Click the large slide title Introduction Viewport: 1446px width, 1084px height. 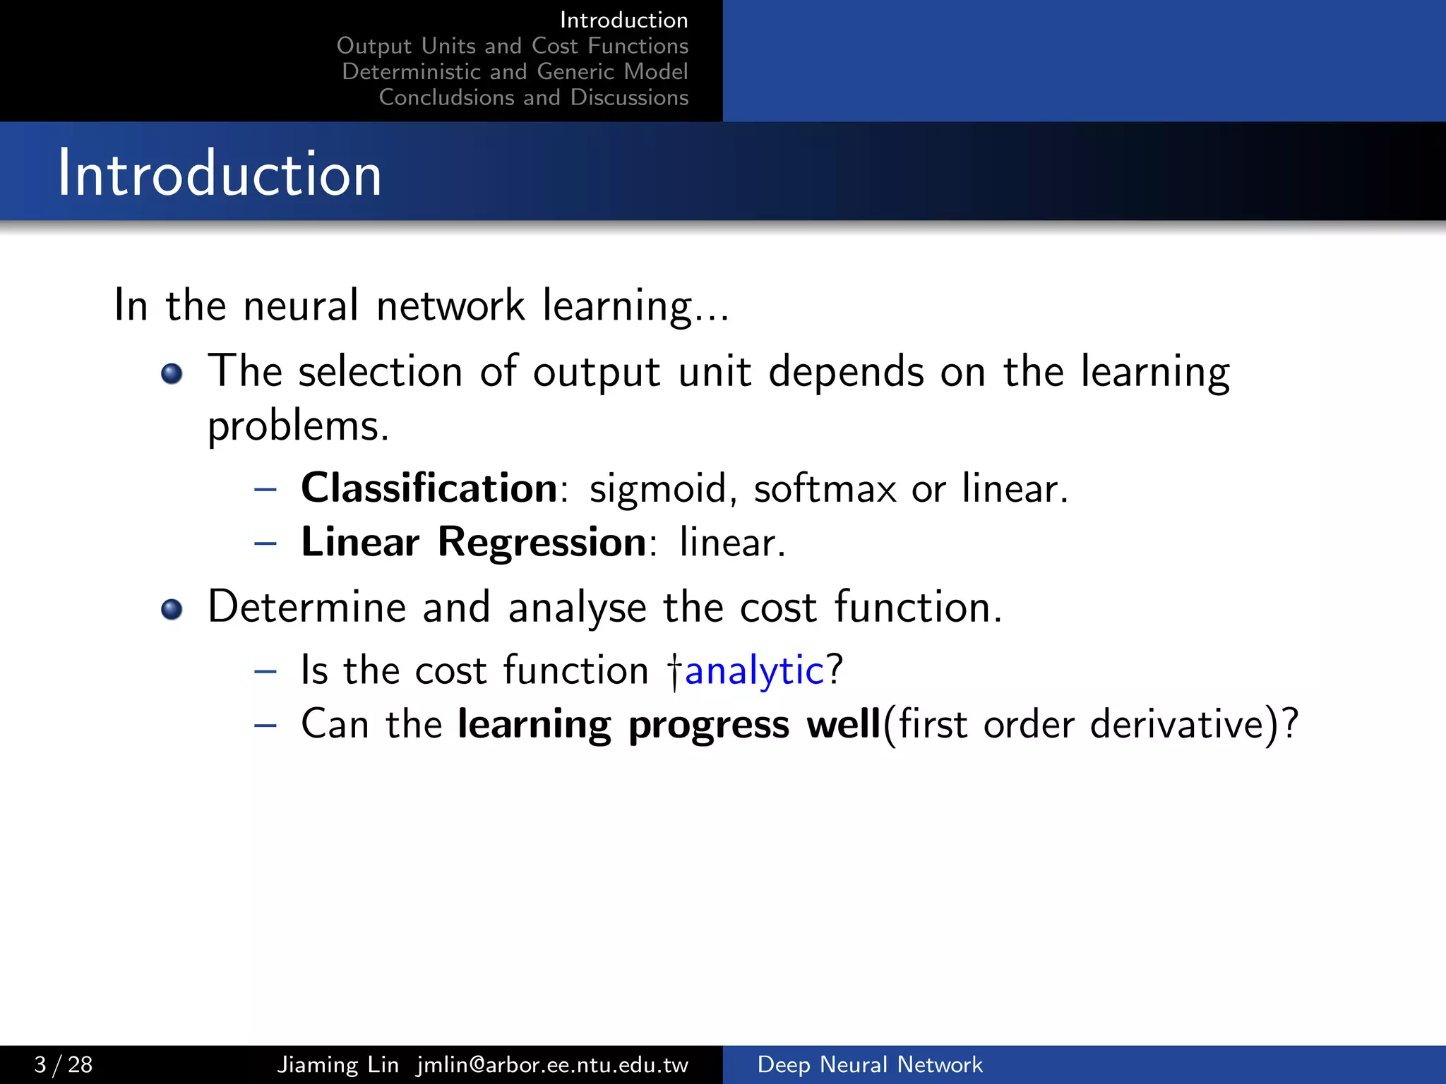point(220,174)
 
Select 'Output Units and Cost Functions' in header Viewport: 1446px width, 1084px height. point(512,46)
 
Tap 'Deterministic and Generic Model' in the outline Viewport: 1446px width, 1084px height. point(515,71)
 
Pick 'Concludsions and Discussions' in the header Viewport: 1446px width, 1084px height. point(533,97)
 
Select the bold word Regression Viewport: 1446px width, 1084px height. point(542,543)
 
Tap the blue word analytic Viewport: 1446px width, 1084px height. point(754,670)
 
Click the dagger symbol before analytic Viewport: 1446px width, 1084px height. point(675,672)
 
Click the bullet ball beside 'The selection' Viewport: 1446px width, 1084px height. point(172,373)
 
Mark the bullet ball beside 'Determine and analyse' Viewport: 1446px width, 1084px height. point(172,608)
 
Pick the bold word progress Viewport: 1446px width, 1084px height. point(708,725)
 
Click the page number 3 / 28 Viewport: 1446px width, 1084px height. point(64,1064)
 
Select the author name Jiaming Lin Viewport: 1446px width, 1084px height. point(337,1064)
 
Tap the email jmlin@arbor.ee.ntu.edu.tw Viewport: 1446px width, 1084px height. point(552,1064)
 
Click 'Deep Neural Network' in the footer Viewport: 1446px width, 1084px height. point(869,1064)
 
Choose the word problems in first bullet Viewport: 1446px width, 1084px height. point(297,427)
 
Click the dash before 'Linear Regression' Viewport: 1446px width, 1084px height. point(265,543)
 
